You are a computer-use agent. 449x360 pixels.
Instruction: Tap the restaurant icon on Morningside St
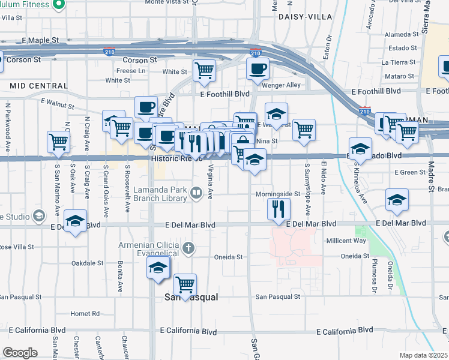(279, 208)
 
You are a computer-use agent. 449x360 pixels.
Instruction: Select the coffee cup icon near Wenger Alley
(258, 69)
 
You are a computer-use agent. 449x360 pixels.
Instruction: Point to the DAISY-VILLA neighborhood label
(305, 17)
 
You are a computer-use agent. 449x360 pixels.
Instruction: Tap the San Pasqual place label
(191, 297)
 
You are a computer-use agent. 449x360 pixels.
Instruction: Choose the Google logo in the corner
(20, 353)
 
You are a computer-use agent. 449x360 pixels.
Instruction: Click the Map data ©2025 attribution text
(423, 355)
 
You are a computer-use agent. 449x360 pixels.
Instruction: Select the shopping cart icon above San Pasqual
(185, 284)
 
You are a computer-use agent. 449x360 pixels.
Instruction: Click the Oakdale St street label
(89, 263)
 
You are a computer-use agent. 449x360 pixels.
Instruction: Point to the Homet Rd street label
(85, 313)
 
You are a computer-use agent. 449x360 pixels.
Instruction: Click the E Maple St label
(40, 40)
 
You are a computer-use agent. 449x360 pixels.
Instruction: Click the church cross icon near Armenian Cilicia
(188, 247)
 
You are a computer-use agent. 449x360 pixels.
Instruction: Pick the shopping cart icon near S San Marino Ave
(59, 142)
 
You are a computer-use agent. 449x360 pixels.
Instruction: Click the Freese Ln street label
(131, 71)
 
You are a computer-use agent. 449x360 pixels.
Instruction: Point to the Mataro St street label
(400, 76)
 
